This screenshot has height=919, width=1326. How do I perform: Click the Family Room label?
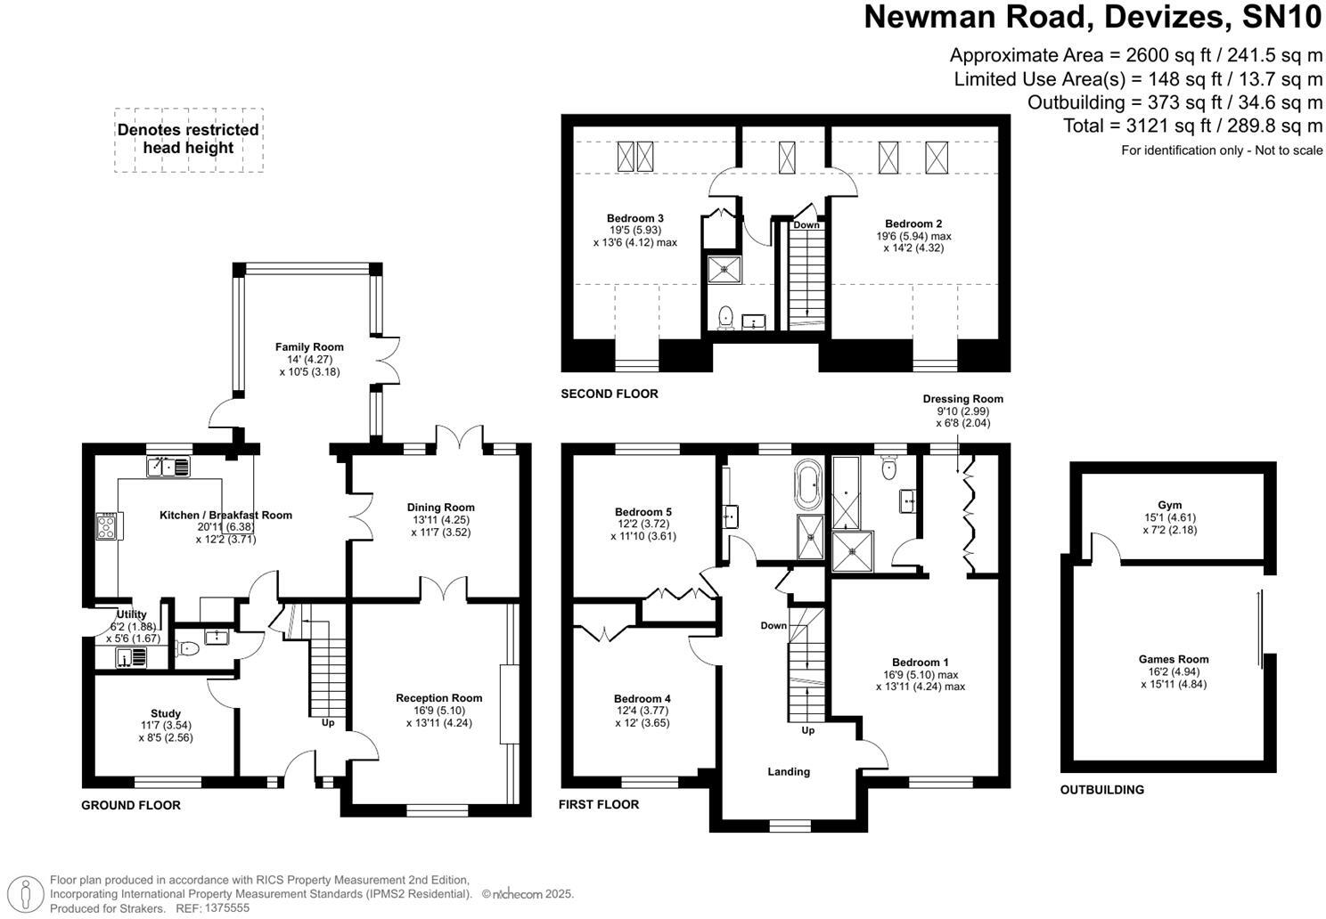point(309,347)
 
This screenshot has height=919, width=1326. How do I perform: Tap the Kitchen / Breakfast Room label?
point(225,515)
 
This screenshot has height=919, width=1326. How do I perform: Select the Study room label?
point(166,713)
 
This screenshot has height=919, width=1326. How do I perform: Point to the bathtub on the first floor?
point(810,484)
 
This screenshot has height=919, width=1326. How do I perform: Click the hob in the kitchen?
point(107,525)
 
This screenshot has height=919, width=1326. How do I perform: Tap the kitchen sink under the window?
point(168,466)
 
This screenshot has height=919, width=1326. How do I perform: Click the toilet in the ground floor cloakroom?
point(189,649)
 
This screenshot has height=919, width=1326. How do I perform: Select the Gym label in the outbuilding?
point(1169,505)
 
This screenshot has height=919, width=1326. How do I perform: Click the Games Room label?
point(1173,660)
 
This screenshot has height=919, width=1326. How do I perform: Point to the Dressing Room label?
point(962,399)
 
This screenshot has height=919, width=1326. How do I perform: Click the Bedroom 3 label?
point(634,218)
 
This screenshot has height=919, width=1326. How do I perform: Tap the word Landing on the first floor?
point(789,772)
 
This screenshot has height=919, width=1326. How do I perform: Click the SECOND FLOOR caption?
point(610,394)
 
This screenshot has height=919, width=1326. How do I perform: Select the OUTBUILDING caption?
point(1101,790)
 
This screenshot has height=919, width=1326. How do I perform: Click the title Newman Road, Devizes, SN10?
point(1093,18)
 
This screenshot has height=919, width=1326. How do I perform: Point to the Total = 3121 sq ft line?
point(1192,126)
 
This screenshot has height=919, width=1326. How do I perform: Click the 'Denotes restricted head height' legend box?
point(188,140)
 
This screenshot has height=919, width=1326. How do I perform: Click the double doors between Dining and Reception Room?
point(443,588)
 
